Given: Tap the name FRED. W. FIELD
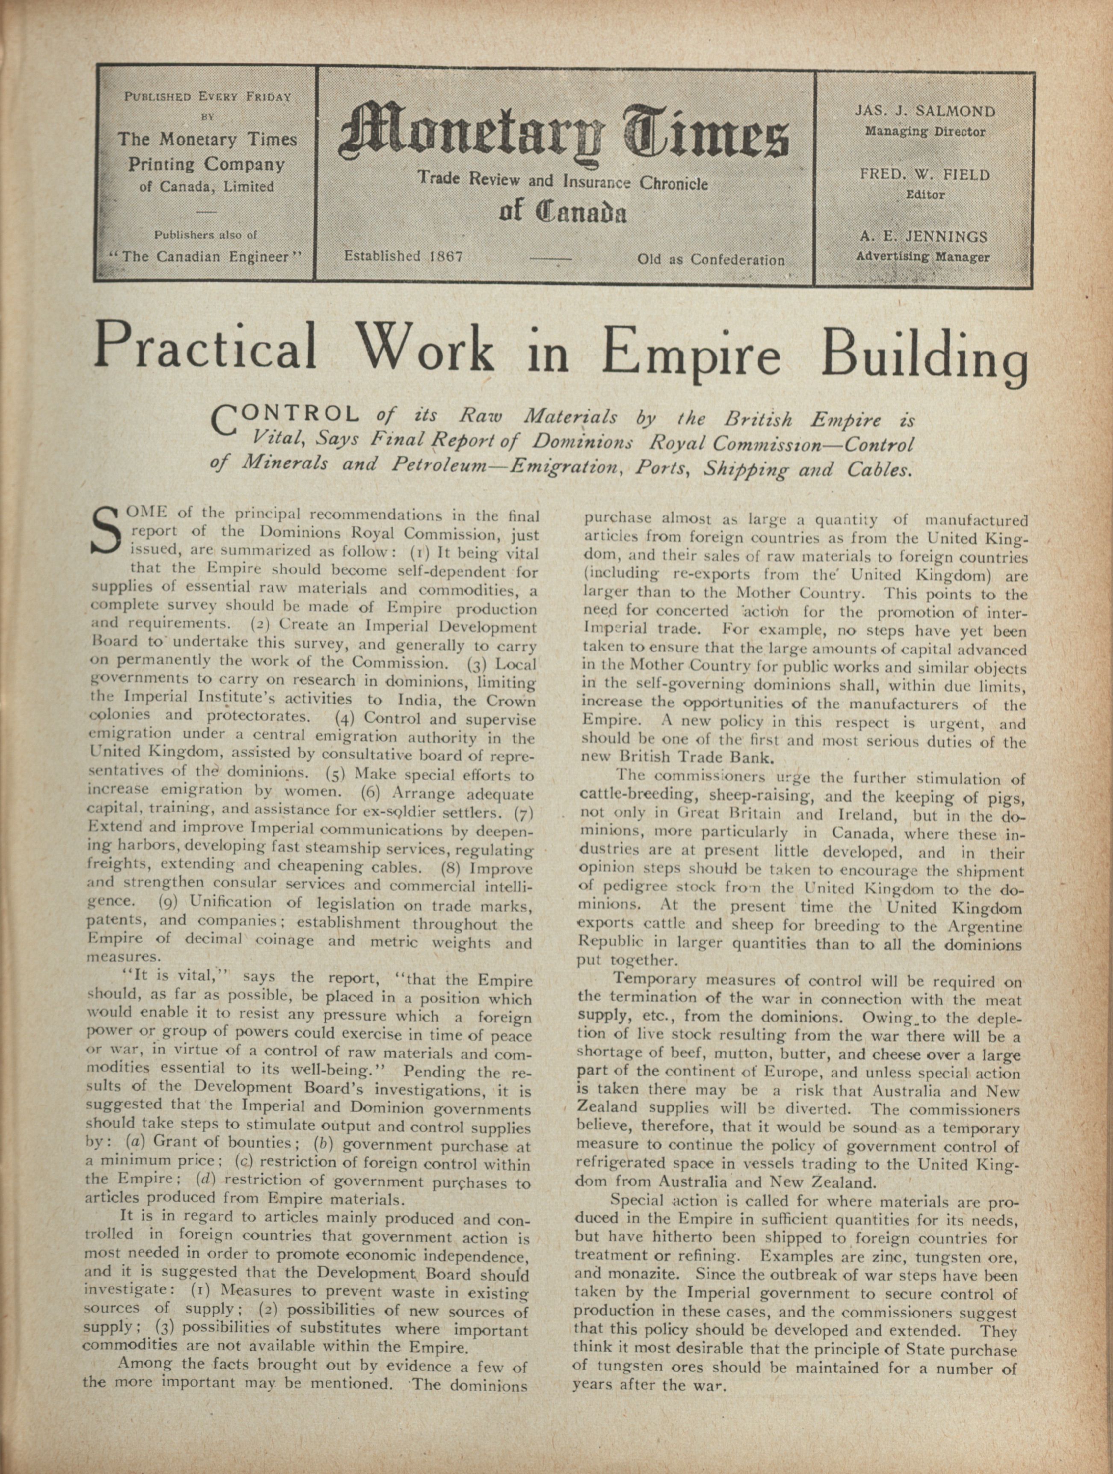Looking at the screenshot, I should click(x=925, y=175).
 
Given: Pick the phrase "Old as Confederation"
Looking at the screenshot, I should click(x=711, y=259).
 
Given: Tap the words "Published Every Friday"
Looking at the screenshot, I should click(x=208, y=96).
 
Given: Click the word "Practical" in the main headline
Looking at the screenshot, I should click(x=205, y=348).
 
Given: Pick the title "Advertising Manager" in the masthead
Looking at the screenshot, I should click(x=923, y=256).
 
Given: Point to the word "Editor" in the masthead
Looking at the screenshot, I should click(x=925, y=195).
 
